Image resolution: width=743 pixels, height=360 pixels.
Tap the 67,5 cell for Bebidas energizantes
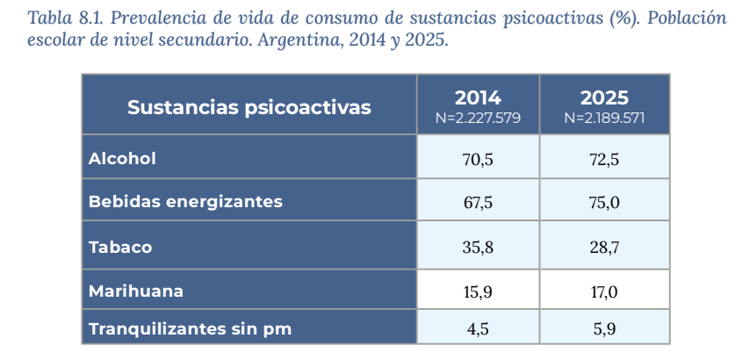pyautogui.click(x=478, y=202)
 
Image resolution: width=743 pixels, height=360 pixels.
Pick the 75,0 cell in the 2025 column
pyautogui.click(x=604, y=202)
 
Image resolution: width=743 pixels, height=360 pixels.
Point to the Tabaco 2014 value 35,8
pyautogui.click(x=478, y=248)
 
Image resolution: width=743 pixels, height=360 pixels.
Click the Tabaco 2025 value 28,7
pyautogui.click(x=604, y=248)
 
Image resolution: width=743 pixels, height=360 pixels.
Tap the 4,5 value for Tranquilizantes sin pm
pyautogui.click(x=478, y=329)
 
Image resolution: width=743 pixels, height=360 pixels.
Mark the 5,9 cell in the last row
pyautogui.click(x=604, y=329)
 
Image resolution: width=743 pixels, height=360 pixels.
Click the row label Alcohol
pyautogui.click(x=122, y=159)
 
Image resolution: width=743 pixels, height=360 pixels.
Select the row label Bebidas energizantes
pyautogui.click(x=185, y=202)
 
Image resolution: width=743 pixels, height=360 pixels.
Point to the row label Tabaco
pyautogui.click(x=120, y=248)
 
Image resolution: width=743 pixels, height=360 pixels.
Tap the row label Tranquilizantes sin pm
pyautogui.click(x=190, y=329)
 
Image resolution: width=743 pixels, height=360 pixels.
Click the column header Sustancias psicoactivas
pyautogui.click(x=249, y=108)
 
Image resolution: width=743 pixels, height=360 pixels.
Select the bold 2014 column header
pyautogui.click(x=478, y=97)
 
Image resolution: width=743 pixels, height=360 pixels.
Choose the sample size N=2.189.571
pyautogui.click(x=604, y=118)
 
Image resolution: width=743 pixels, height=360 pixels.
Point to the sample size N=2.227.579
pyautogui.click(x=478, y=118)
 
